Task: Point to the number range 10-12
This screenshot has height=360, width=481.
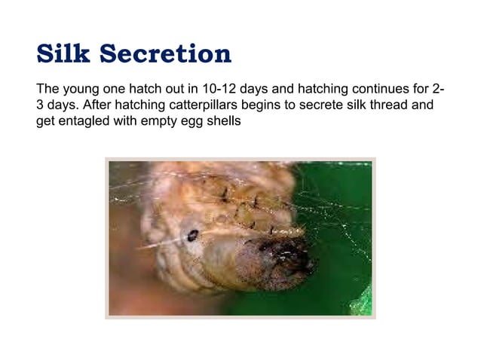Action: point(216,89)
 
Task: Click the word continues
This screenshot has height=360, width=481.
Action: point(376,89)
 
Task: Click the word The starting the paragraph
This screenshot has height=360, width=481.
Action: point(48,89)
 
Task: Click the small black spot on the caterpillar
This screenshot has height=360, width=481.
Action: point(192,236)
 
